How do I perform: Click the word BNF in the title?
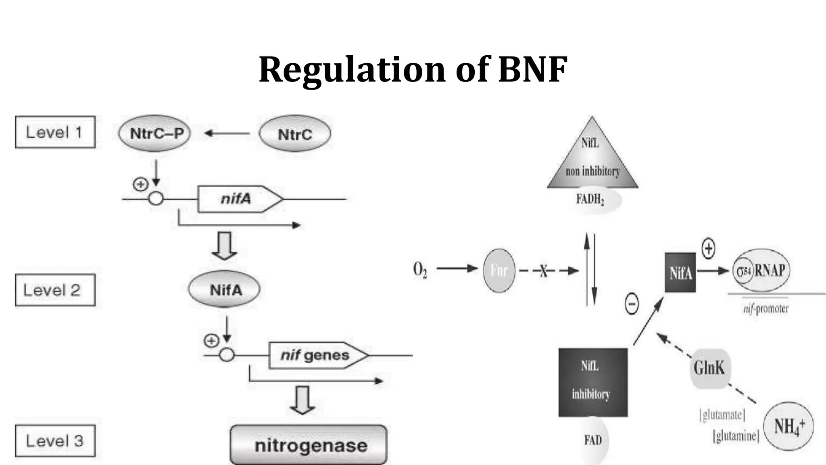coord(533,69)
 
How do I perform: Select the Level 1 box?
coord(55,132)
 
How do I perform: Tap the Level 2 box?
coord(55,290)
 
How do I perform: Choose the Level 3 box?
coord(55,440)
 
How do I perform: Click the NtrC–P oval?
coord(154,133)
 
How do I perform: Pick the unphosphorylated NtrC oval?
coord(295,134)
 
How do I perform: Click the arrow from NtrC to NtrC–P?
coord(227,133)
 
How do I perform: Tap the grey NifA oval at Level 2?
coord(224,289)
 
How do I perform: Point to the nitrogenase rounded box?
coord(309,445)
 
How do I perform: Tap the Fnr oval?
coord(499,270)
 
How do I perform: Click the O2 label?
coord(420,270)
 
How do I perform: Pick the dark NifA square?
coord(680,272)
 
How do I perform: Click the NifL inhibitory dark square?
coord(592,382)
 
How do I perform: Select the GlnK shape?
coord(709,368)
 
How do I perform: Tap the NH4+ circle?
coord(788,426)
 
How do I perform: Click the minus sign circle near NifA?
coord(632,304)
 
